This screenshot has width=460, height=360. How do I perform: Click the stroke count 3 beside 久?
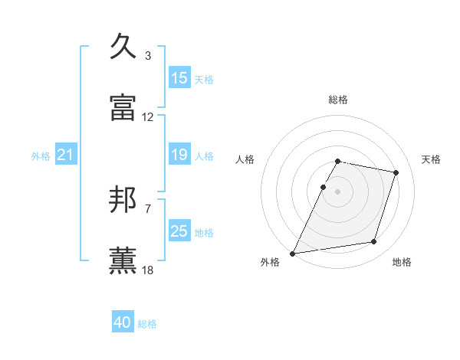[148, 56]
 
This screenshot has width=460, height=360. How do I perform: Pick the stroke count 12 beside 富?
[148, 117]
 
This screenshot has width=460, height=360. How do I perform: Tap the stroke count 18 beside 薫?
[148, 270]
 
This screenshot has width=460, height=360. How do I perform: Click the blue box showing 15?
[179, 78]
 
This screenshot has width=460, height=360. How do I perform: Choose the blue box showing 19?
[179, 155]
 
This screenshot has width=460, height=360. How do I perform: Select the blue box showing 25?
[179, 231]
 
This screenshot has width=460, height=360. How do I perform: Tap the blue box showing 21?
[65, 155]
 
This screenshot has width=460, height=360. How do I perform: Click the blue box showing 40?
[123, 323]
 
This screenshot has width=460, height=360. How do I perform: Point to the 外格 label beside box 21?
[41, 156]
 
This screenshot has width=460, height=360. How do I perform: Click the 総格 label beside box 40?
[147, 324]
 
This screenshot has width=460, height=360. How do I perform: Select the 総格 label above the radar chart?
[338, 100]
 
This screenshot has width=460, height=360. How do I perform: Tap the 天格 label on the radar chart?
[432, 159]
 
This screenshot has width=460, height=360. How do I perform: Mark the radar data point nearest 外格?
[293, 253]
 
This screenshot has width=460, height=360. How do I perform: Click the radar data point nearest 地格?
[374, 242]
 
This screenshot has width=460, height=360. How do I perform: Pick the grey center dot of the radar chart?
[338, 191]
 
